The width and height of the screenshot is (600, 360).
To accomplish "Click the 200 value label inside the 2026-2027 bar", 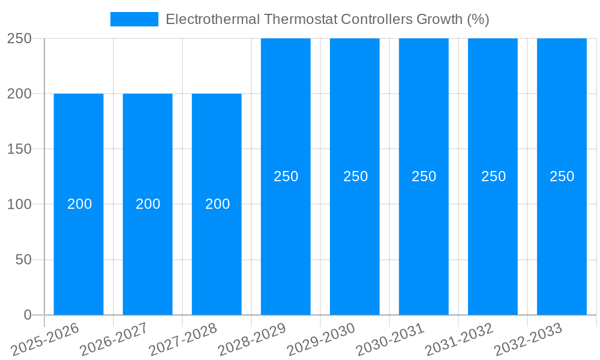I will [x=148, y=204].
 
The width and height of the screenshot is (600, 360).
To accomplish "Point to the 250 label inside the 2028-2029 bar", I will [x=286, y=176].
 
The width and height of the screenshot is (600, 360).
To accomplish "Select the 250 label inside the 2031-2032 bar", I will [x=493, y=176].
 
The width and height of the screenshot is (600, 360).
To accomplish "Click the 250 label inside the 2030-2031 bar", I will [x=424, y=176].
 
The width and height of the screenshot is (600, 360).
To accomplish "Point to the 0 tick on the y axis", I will [x=27, y=315].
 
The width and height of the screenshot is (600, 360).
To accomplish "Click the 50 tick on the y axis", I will [x=23, y=260].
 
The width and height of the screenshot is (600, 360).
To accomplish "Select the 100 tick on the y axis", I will [x=19, y=204].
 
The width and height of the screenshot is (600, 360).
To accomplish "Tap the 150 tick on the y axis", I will [x=19, y=149].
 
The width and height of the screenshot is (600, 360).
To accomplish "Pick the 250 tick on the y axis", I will [x=19, y=38].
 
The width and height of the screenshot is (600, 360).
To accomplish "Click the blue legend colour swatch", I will [x=134, y=19].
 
